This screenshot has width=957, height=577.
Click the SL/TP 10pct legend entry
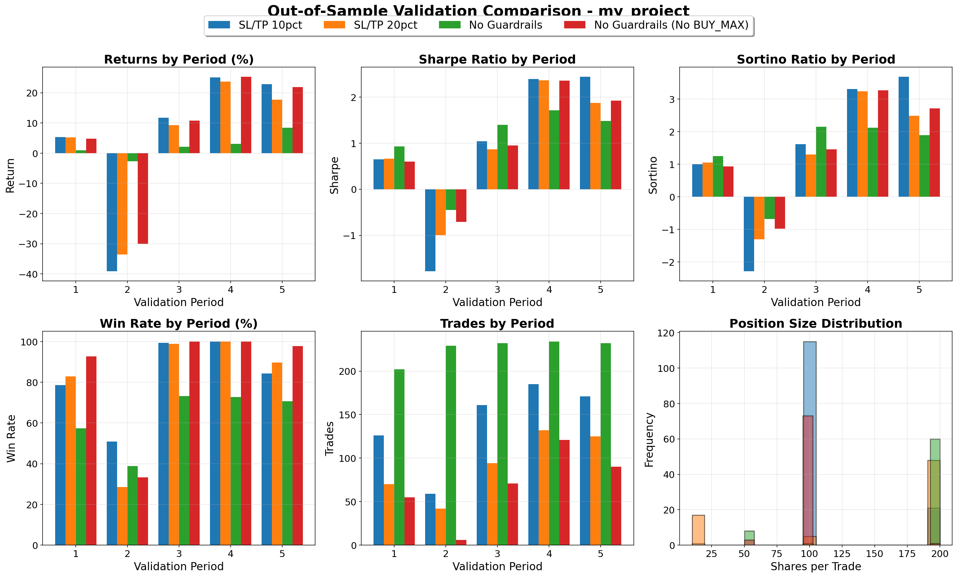click(x=255, y=25)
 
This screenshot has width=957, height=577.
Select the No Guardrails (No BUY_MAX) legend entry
click(x=656, y=25)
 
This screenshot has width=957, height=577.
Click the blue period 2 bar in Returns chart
click(x=112, y=212)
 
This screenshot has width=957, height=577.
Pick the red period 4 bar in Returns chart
click(x=246, y=115)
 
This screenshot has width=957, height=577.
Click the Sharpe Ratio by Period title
click(x=497, y=59)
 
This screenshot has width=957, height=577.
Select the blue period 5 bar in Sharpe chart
click(x=585, y=133)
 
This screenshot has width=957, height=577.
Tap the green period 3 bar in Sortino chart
click(x=821, y=162)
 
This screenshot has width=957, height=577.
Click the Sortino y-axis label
click(x=653, y=175)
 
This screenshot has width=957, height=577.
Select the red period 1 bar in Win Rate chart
click(x=91, y=451)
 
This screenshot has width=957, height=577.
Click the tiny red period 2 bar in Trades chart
click(x=461, y=542)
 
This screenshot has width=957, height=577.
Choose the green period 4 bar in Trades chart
click(x=554, y=443)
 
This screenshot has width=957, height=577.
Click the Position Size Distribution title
click(x=816, y=323)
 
